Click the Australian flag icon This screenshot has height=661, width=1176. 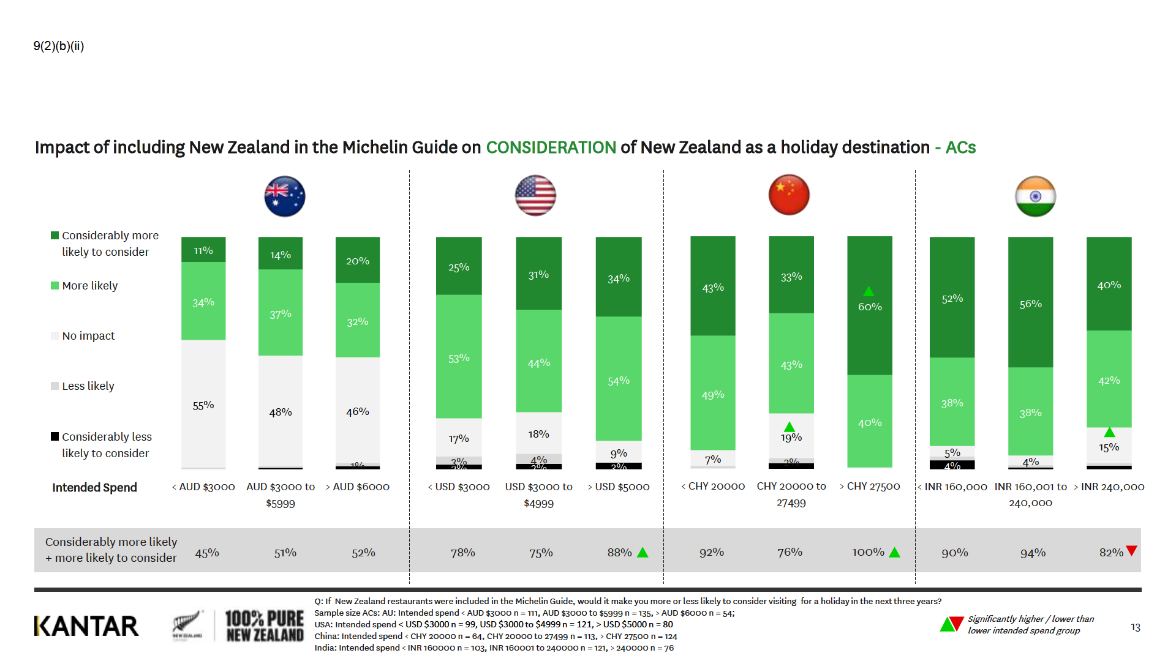click(x=285, y=196)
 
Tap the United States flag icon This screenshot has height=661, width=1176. click(x=535, y=196)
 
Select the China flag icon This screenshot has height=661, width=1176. click(x=789, y=195)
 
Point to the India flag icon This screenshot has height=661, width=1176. click(x=1035, y=196)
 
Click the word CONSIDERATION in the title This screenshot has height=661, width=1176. click(x=551, y=148)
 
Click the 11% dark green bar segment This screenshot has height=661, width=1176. click(x=203, y=250)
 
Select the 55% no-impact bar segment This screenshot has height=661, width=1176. click(x=203, y=404)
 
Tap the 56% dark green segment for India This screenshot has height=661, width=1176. click(x=1030, y=303)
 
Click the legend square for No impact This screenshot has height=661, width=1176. click(x=55, y=336)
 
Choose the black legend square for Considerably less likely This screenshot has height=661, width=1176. click(x=55, y=436)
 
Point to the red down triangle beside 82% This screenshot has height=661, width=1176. click(x=1131, y=551)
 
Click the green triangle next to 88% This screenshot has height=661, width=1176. click(x=643, y=553)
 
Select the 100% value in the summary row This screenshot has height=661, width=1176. click(x=868, y=553)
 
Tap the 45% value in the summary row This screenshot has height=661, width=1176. click(x=207, y=553)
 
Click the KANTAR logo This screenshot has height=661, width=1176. click(x=86, y=626)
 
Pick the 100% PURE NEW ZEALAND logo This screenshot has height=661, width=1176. click(x=264, y=626)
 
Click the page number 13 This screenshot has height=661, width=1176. click(x=1135, y=627)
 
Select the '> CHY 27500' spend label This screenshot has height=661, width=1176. click(x=870, y=487)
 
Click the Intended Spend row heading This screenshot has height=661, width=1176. click(x=94, y=488)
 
